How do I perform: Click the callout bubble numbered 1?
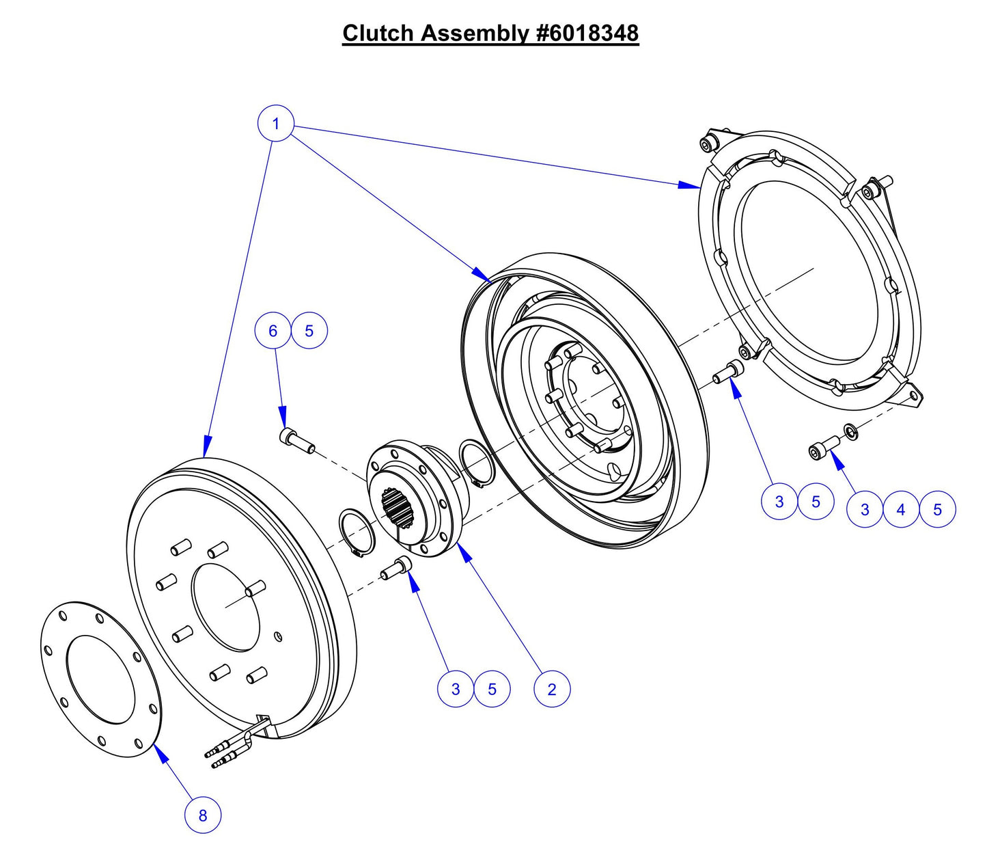(x=275, y=124)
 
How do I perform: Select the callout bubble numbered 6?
(x=273, y=331)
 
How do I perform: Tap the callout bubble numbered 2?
(x=552, y=689)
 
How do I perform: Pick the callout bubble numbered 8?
(x=203, y=815)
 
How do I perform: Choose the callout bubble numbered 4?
(x=901, y=509)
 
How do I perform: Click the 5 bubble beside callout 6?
(x=309, y=331)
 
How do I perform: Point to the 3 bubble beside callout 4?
(x=865, y=509)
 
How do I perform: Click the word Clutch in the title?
(x=378, y=33)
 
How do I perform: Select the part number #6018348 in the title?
(x=587, y=33)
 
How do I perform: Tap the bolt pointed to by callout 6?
(x=296, y=440)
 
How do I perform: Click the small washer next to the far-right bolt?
(x=851, y=431)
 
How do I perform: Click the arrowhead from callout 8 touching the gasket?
(x=158, y=750)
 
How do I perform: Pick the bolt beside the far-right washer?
(x=823, y=448)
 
